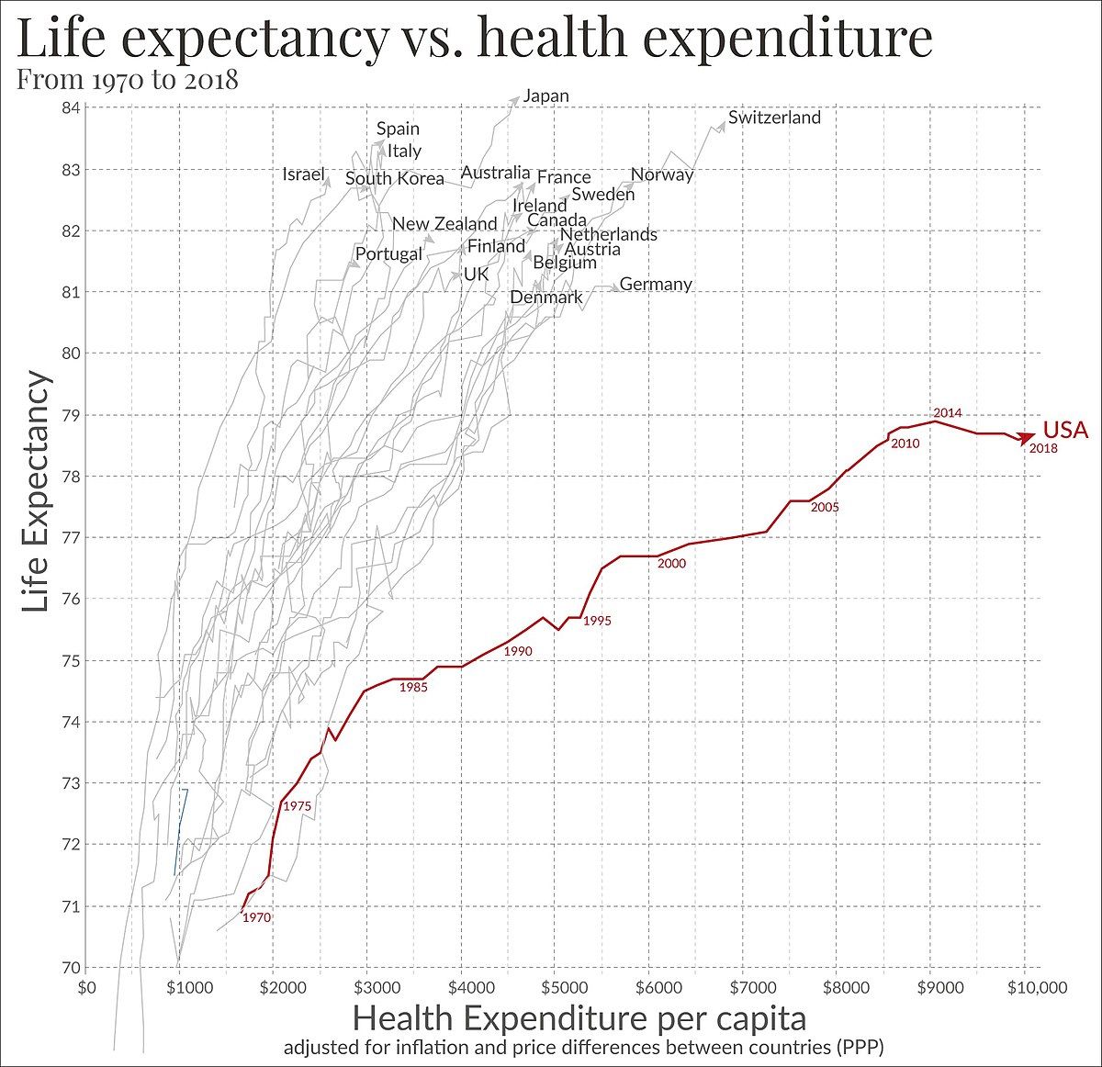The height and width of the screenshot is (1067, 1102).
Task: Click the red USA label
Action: pyautogui.click(x=1065, y=430)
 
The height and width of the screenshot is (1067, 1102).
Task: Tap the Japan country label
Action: pyautogui.click(x=546, y=95)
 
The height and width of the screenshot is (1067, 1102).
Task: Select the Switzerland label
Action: pyautogui.click(x=774, y=118)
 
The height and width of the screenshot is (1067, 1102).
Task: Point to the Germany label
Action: pyautogui.click(x=656, y=285)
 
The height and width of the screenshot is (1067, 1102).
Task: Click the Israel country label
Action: pyautogui.click(x=304, y=174)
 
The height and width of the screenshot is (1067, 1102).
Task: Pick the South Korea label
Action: pyautogui.click(x=395, y=179)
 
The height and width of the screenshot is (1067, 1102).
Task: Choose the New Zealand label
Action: pyautogui.click(x=444, y=224)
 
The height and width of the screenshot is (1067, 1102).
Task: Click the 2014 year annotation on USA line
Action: pyautogui.click(x=947, y=413)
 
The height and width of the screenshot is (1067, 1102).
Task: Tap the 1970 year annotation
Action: pyautogui.click(x=256, y=917)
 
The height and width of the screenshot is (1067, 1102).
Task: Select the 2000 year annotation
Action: pyautogui.click(x=671, y=564)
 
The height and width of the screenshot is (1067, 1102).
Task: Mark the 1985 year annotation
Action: pyautogui.click(x=413, y=688)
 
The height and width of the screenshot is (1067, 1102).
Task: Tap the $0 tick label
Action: pyautogui.click(x=87, y=988)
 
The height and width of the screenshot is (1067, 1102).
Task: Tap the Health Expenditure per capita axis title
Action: pyautogui.click(x=579, y=1018)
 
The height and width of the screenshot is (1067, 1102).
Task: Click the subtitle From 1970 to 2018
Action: pyautogui.click(x=128, y=80)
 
